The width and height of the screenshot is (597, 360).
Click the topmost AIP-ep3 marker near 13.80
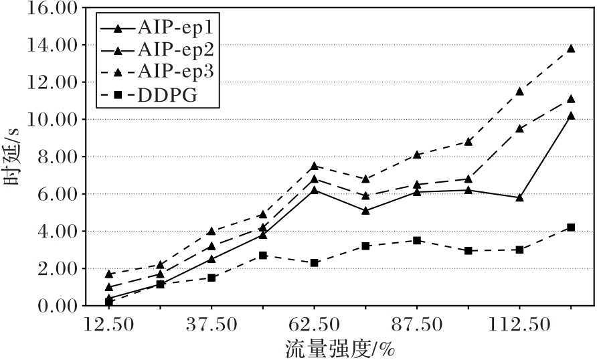[x=571, y=48]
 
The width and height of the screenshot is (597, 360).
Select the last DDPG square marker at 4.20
[x=571, y=228]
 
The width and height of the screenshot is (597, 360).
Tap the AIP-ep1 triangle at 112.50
[x=519, y=197]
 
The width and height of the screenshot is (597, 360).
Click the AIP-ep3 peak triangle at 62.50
[x=315, y=165]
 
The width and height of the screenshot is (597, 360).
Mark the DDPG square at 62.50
[x=315, y=263]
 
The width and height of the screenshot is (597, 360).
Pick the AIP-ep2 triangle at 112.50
[x=519, y=128]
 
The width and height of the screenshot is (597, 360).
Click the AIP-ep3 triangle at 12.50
[x=109, y=274]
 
